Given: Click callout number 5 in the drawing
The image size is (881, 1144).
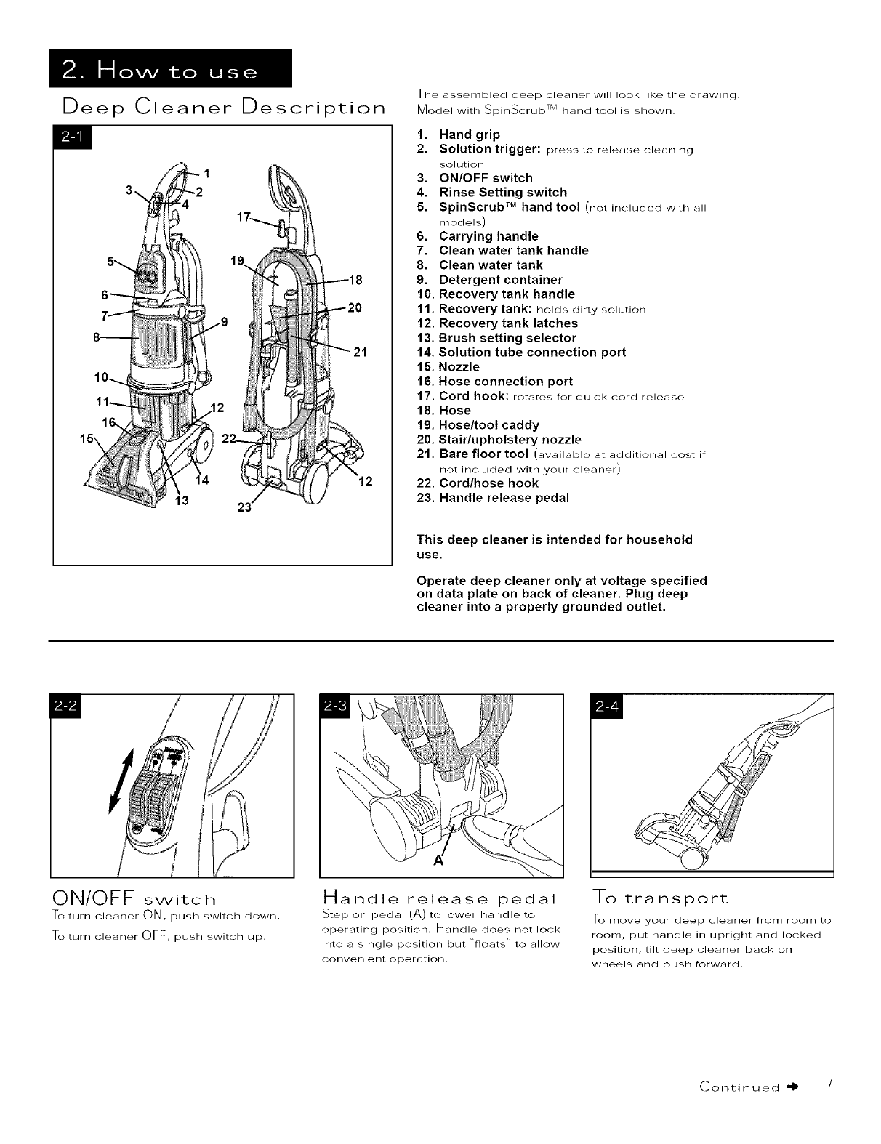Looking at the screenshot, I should click(x=111, y=259).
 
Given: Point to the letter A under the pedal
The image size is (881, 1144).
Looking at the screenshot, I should click(x=439, y=861).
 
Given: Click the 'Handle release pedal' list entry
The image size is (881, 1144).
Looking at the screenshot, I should click(x=503, y=498).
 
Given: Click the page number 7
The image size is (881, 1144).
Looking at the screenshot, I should click(x=829, y=1086).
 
